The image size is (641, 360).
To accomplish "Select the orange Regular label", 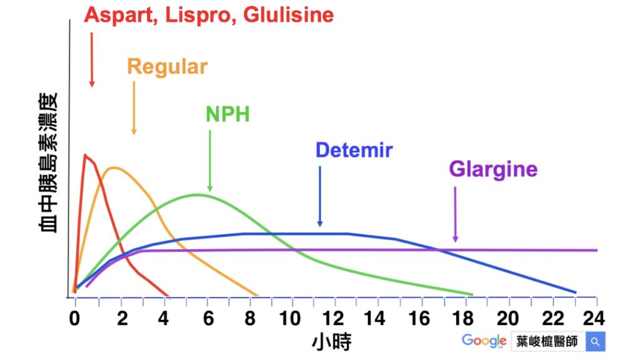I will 167,67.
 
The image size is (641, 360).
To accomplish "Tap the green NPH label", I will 227,114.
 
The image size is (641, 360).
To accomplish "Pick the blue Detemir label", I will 354,150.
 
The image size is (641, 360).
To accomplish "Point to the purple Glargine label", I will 493,170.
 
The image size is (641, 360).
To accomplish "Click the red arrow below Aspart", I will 92,59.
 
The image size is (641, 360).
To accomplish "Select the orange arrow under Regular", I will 134,106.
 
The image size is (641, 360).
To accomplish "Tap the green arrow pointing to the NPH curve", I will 210,160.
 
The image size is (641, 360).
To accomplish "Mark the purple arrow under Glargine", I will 455,213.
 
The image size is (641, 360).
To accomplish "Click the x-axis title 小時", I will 331,342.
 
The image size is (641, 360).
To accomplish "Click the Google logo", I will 484,341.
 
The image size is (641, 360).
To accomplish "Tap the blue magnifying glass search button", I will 595,342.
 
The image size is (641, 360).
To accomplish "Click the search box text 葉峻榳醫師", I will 548,342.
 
